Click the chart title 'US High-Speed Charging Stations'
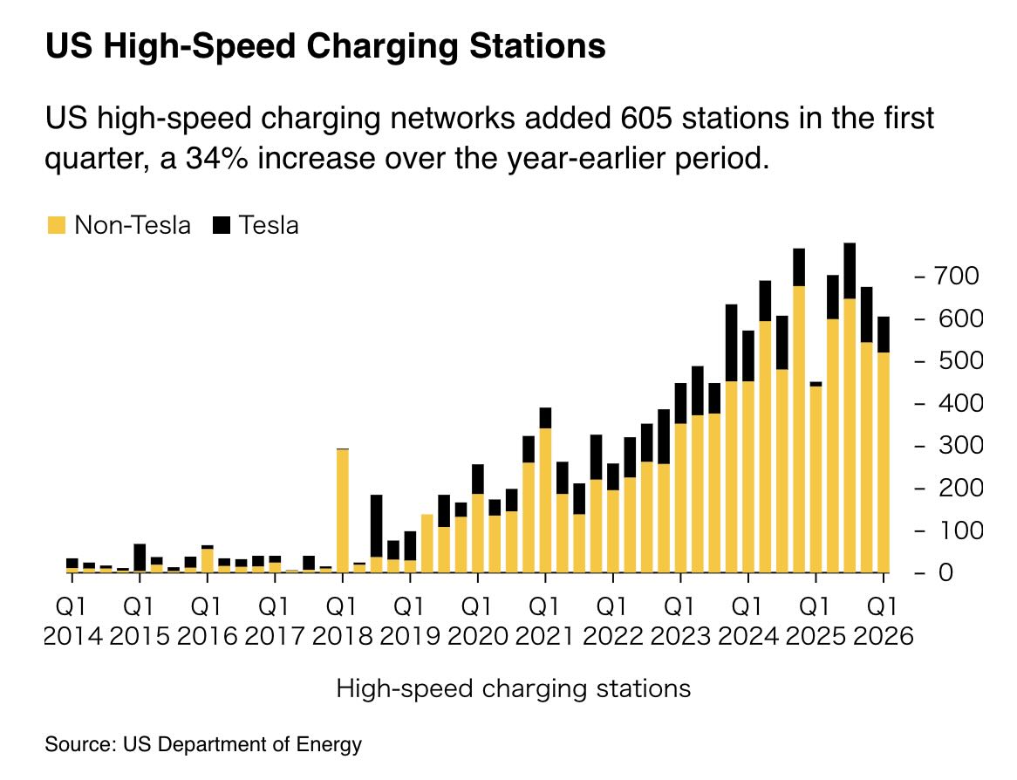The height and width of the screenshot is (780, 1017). (x=325, y=47)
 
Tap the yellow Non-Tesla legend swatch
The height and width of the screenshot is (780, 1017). (x=56, y=226)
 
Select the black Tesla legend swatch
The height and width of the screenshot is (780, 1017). (x=222, y=226)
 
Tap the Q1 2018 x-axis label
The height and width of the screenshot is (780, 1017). (x=343, y=619)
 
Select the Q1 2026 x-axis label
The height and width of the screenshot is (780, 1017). (x=884, y=619)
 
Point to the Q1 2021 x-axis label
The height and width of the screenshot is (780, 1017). (x=545, y=619)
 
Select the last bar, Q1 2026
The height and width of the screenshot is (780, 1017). (x=884, y=445)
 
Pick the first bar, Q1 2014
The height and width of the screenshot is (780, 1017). (x=72, y=565)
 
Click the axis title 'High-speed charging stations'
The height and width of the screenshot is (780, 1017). (x=513, y=688)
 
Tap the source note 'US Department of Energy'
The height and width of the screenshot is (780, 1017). (x=242, y=745)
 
